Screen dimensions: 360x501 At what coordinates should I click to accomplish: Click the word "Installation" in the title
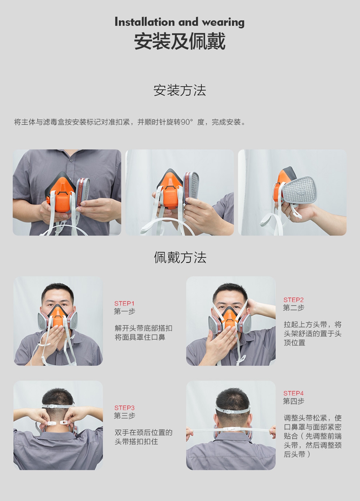(x=144, y=22)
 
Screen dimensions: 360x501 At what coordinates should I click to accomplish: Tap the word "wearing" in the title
(x=223, y=23)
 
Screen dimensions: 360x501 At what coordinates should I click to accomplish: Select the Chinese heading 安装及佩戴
(x=180, y=41)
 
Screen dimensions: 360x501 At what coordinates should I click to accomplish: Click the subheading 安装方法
(x=180, y=90)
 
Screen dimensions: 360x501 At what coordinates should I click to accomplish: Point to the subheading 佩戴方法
(x=180, y=257)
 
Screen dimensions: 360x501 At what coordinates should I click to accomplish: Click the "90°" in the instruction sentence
(x=187, y=122)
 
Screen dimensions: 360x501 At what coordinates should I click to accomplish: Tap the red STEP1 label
(x=124, y=303)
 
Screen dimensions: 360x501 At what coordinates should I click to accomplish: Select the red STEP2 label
(x=293, y=300)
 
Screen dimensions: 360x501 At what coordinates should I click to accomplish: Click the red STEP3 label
(x=124, y=408)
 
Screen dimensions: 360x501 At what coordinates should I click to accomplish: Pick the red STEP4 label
(x=293, y=393)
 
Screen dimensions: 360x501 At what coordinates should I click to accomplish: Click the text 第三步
(x=124, y=416)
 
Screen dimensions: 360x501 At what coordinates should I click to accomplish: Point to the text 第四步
(x=293, y=401)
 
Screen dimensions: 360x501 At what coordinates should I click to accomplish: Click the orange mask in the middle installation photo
(x=171, y=190)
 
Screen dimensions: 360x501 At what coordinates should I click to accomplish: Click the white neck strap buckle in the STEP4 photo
(x=230, y=429)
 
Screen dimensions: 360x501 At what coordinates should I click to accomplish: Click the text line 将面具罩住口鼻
(x=140, y=337)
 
